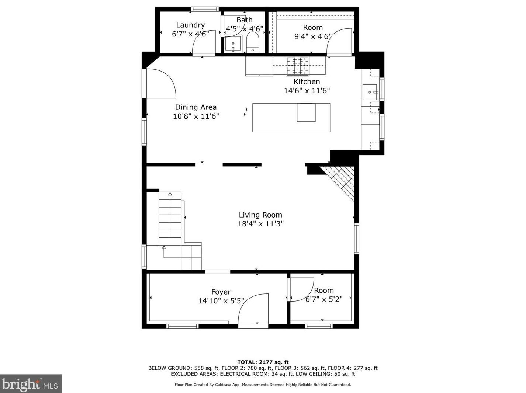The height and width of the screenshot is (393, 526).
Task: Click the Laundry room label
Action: tap(190, 25)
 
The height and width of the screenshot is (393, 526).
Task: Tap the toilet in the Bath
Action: tap(253, 42)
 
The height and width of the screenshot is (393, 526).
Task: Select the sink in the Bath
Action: tap(233, 44)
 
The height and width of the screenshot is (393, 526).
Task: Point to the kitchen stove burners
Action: tap(297, 66)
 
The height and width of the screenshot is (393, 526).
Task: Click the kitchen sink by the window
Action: tap(370, 92)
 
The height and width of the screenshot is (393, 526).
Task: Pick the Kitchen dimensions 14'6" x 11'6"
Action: tap(307, 91)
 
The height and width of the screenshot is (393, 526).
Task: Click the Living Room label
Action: tap(260, 215)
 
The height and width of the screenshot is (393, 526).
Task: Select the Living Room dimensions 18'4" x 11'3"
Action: tap(260, 224)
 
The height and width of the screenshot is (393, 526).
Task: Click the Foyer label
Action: tap(221, 292)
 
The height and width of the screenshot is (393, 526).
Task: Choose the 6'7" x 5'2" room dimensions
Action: tap(324, 299)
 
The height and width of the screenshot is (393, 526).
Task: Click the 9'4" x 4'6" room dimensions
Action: tap(313, 36)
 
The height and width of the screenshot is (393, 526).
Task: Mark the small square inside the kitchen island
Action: tap(306, 112)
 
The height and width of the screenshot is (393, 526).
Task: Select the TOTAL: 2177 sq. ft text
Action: tap(263, 362)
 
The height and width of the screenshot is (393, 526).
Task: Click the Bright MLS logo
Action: tap(31, 383)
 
